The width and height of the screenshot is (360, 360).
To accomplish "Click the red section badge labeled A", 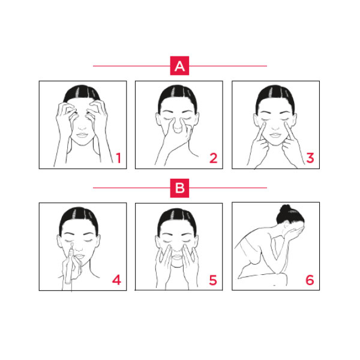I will (179, 66).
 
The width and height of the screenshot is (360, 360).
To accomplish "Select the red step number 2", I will (213, 158).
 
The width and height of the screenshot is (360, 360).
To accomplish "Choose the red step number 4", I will (116, 280).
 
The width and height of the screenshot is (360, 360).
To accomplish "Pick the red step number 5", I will (213, 280).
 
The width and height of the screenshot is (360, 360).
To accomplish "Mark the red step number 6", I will (310, 280).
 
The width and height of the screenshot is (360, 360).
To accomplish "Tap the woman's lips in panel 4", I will (82, 257).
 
